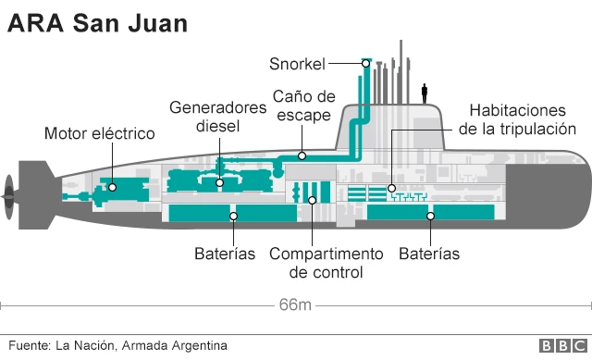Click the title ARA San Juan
[x=98, y=23]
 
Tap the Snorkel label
[x=297, y=63]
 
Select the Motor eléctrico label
[x=99, y=134]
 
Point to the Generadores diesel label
[x=218, y=117]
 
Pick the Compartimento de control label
[x=326, y=263]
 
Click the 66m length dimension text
[x=295, y=304]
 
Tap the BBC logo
[x=561, y=346]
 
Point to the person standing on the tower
[x=425, y=93]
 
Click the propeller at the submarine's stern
[x=8, y=191]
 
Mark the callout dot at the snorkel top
[x=366, y=63]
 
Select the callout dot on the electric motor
[x=112, y=187]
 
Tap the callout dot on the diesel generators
[x=219, y=182]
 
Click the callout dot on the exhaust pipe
[x=302, y=156]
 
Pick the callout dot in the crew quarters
[x=392, y=188]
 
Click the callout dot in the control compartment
[x=313, y=199]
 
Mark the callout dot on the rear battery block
[x=234, y=216]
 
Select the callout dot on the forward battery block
[x=430, y=216]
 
